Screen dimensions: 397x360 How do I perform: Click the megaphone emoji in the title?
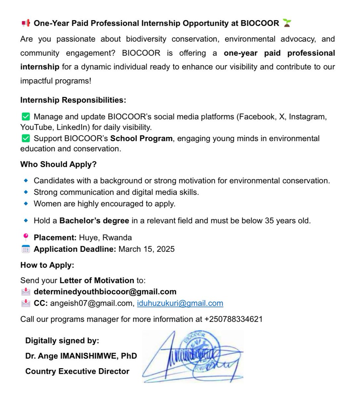click(x=25, y=23)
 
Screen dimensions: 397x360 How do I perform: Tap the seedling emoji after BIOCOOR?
click(x=287, y=23)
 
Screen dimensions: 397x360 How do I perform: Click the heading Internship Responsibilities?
click(x=73, y=100)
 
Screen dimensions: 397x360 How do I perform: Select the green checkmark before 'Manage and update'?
click(x=25, y=117)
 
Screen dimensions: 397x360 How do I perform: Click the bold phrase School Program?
click(x=141, y=138)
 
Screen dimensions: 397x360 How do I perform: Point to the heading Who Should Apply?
click(x=59, y=164)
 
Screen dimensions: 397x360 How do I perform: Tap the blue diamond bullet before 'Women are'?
click(x=26, y=203)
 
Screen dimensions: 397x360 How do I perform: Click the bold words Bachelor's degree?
click(x=94, y=221)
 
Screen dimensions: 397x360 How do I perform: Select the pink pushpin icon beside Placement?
click(x=25, y=237)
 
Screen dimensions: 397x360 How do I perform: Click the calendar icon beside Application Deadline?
click(x=25, y=249)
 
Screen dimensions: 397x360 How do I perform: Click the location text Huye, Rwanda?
click(x=105, y=238)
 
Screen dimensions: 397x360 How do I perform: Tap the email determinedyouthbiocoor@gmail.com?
click(x=105, y=292)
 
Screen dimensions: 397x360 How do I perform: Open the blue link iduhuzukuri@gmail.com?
click(x=180, y=303)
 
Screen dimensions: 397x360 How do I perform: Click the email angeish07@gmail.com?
click(x=92, y=303)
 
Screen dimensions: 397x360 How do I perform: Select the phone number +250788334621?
click(x=234, y=319)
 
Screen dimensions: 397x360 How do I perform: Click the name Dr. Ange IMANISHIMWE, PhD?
click(x=81, y=356)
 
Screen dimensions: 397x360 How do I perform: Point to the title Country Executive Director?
click(x=77, y=371)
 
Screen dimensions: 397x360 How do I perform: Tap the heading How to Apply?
click(x=47, y=265)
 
